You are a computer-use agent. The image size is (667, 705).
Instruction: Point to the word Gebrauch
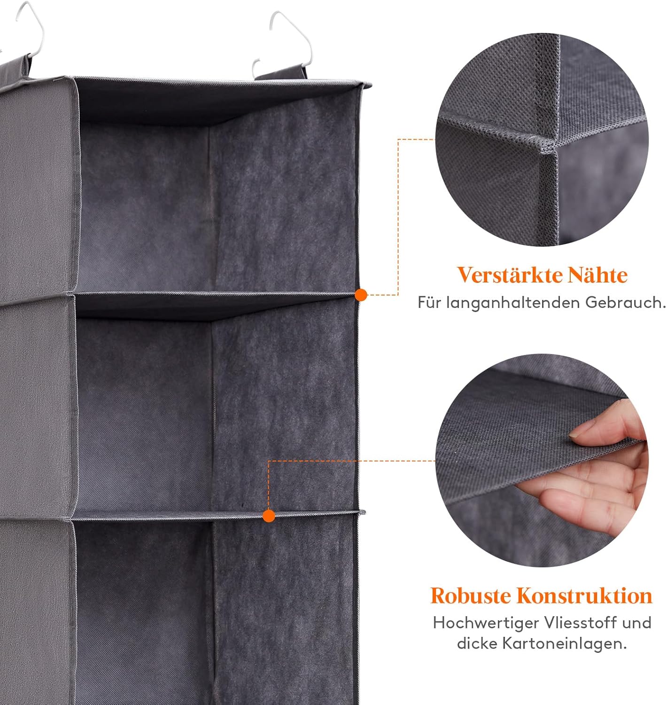click(625, 303)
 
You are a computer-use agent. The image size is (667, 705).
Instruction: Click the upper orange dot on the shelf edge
click(361, 295)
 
